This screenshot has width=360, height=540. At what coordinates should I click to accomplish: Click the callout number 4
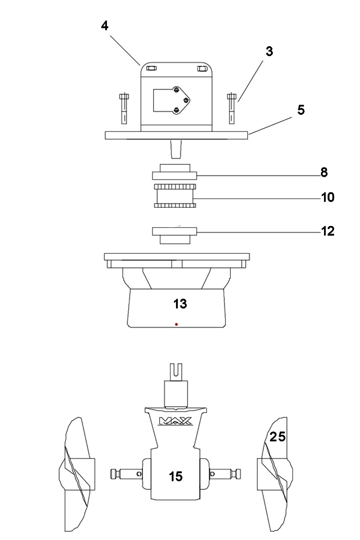point(104,26)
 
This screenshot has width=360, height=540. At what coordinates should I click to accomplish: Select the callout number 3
point(269,51)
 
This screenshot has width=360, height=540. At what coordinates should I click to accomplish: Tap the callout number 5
point(301,110)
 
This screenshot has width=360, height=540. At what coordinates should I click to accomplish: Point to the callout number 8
point(324,172)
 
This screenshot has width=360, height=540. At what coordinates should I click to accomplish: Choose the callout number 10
point(328,197)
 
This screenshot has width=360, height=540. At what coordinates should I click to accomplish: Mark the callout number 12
point(328,231)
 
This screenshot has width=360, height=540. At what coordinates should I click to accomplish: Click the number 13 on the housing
point(180,304)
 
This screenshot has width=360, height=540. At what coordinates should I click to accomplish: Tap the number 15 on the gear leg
point(176,476)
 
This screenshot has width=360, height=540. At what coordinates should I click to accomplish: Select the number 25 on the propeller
point(278,437)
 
